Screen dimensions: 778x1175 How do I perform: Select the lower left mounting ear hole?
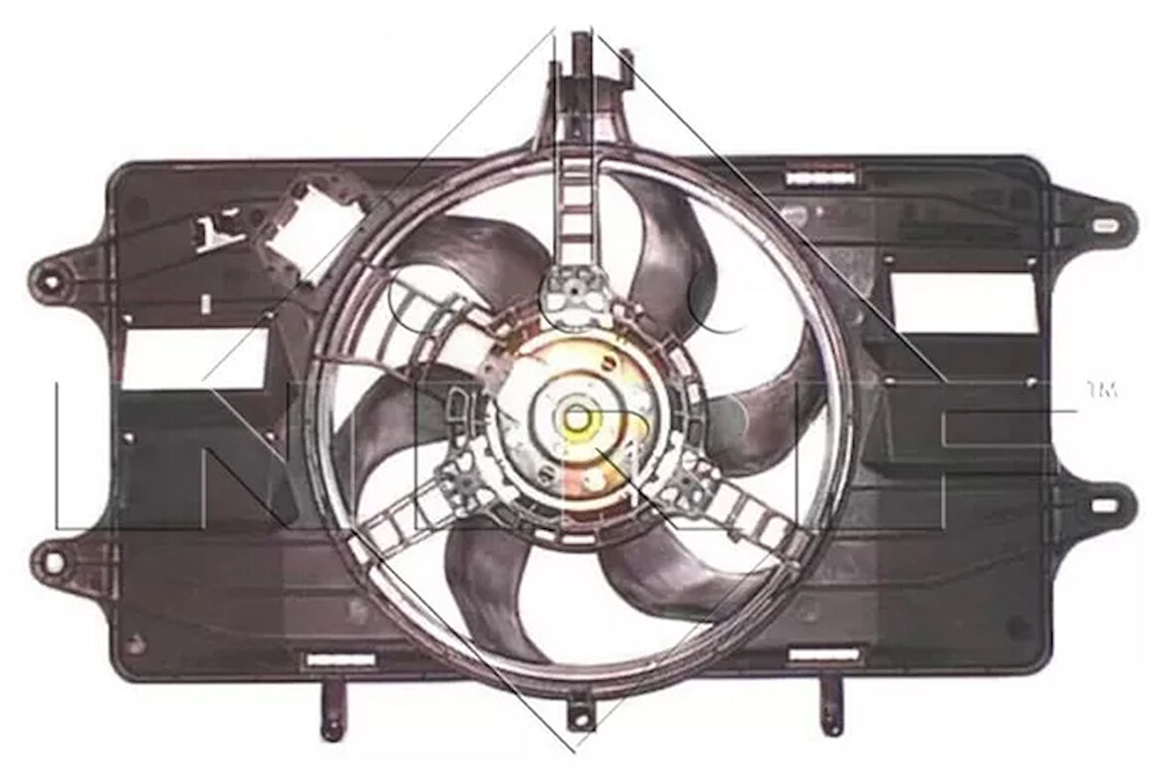(50, 562)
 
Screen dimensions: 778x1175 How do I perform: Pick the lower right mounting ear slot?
(1102, 505)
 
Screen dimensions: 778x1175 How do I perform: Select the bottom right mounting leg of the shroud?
(828, 709)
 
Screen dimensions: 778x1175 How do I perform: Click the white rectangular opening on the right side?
(961, 303)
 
